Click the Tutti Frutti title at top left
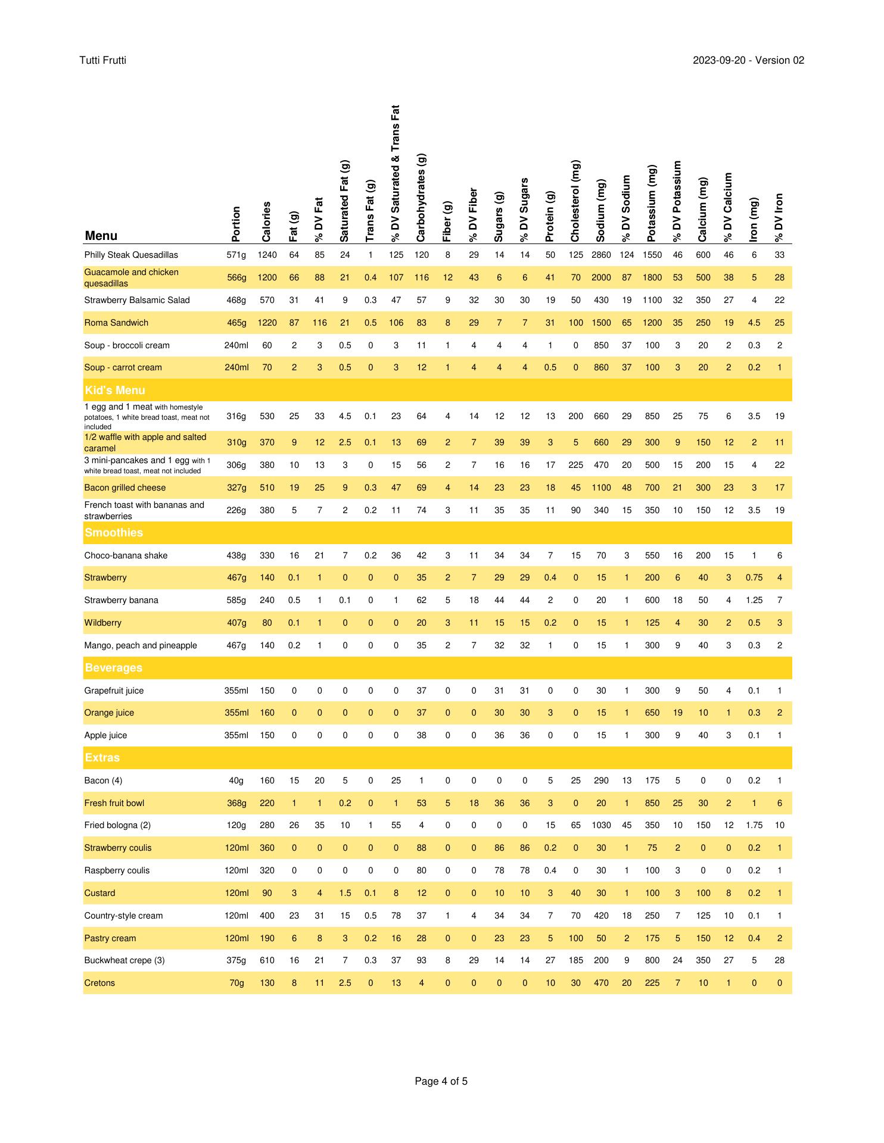102,60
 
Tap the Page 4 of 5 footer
441,1081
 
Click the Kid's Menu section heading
115,391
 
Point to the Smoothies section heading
114,533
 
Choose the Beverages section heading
114,668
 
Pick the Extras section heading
102,758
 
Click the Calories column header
267,221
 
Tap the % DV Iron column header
779,217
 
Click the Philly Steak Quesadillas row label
131,255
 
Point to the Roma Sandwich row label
116,323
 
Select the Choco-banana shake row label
126,555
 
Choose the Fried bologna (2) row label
117,825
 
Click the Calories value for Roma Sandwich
267,323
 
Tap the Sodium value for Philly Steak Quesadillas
601,255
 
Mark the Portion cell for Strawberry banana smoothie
236,600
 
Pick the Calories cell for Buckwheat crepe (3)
267,960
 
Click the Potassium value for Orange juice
652,713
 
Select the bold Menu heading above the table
101,236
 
